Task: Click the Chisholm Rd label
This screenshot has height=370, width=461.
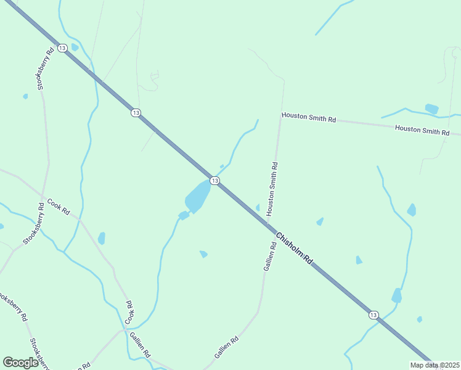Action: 295,249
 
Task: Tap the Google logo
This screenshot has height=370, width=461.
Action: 21,363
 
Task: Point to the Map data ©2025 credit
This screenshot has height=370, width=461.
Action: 435,365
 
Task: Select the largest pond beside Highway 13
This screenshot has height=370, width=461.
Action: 197,196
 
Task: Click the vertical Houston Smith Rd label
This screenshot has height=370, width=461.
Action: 272,189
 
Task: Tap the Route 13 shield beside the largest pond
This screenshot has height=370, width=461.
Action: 214,180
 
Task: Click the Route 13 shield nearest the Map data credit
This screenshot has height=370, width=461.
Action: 373,314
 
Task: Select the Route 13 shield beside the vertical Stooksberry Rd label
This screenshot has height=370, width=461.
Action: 62,47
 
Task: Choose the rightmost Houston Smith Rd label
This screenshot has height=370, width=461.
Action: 422,130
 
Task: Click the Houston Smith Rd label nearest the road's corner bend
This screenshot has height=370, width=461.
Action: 309,117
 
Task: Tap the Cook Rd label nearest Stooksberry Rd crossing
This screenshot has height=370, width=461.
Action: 59,207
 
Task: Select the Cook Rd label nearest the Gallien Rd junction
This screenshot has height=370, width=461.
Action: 129,313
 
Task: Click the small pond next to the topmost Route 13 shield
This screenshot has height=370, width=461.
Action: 75,47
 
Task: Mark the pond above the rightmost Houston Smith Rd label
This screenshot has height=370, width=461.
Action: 431,109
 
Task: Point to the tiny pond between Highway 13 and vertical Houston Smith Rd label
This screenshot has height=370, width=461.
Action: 258,207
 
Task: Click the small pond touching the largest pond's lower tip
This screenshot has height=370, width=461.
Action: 183,215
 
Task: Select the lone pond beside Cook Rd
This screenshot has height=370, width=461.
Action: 101,238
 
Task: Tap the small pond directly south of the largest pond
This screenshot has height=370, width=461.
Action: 203,253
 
